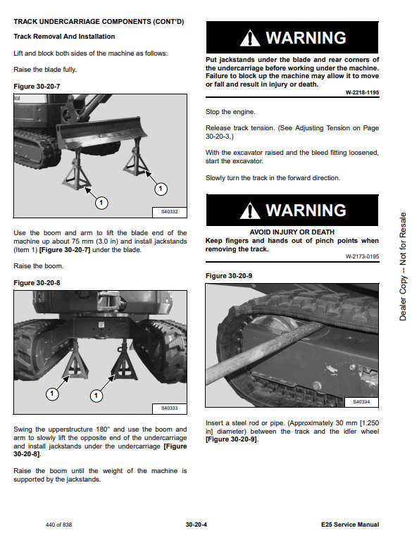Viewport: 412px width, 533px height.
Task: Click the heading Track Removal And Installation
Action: tap(64, 37)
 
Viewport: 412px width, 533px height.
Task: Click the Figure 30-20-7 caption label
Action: tap(37, 87)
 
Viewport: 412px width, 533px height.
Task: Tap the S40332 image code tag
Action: tap(169, 212)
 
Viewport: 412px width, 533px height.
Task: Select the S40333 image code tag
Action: tap(169, 408)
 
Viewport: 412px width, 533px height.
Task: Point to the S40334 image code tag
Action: tap(361, 402)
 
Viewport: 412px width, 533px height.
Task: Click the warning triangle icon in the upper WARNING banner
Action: tap(250, 38)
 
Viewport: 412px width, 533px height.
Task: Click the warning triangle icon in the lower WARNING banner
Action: tap(250, 211)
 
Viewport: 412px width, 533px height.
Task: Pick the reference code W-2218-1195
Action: tap(362, 92)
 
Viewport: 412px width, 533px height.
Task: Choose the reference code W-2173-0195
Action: tap(362, 256)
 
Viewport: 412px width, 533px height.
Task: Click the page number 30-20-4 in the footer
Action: tap(196, 525)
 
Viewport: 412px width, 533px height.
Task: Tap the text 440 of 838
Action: tap(59, 525)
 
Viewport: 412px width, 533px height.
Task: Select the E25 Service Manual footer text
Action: tap(350, 525)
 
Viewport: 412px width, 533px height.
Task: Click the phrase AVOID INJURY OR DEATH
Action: tap(292, 232)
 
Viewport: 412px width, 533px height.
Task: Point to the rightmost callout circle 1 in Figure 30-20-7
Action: tap(161, 189)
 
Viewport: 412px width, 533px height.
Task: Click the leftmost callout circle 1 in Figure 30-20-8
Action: tap(52, 394)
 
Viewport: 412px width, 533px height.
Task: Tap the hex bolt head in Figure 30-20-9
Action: tap(317, 386)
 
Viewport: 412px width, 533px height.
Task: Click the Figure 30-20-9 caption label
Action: tap(229, 276)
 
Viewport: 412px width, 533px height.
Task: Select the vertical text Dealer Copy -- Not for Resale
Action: tap(403, 266)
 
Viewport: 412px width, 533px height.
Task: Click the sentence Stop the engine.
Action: tap(230, 112)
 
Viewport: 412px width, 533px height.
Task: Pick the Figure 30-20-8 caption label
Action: tap(37, 283)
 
